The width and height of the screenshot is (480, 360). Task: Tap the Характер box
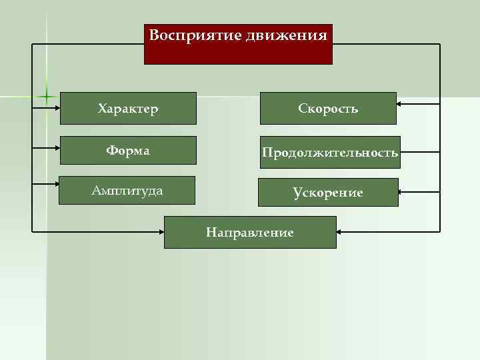[x=128, y=108]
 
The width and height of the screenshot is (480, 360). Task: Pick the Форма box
[x=128, y=150]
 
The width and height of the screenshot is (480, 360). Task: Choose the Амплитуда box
[x=127, y=191]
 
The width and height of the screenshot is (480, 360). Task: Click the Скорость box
[x=328, y=108]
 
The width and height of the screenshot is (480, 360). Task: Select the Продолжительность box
[x=330, y=153]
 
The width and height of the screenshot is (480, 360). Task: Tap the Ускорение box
[x=328, y=193]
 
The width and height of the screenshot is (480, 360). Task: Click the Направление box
[x=250, y=232]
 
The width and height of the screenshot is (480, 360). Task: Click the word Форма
[x=127, y=151]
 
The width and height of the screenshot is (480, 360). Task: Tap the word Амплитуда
[x=127, y=191]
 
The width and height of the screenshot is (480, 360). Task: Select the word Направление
[x=250, y=233]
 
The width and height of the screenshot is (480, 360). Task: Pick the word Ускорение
[x=328, y=193]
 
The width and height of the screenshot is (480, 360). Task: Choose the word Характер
[x=128, y=108]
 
